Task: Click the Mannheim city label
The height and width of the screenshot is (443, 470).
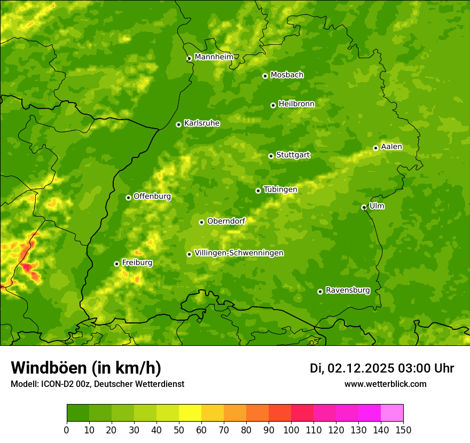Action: pos(214,57)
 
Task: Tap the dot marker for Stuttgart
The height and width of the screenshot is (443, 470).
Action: pos(271,156)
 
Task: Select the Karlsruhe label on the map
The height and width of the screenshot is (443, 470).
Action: pos(201,123)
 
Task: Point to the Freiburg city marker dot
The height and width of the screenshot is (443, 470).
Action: pos(116,264)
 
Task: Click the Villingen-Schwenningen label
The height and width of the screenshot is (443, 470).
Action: pos(239,253)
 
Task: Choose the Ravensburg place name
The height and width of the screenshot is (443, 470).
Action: pos(347,290)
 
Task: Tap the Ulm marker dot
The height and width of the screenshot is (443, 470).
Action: pos(364,207)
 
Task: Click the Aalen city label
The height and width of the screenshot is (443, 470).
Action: pos(391,147)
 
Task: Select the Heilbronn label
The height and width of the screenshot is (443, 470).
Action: pos(296,104)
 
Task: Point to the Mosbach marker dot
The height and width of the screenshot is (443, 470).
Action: pos(265,76)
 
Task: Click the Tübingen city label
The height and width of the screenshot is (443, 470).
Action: pos(280,189)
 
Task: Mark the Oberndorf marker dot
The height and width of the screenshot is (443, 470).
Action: pos(201,222)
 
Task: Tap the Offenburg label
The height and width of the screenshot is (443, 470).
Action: pos(152,196)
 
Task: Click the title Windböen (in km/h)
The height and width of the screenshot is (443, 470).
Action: pos(86,368)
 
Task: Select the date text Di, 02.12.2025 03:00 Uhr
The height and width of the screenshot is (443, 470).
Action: pos(382,368)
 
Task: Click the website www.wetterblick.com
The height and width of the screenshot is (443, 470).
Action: pos(385,384)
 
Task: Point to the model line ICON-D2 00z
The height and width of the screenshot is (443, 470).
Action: pos(97,384)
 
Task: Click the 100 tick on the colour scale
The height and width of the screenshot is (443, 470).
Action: pos(291,430)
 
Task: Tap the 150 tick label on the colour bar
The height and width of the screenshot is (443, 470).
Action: pos(403,430)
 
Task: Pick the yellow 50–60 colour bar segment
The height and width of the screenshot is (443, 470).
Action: pos(190,413)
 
